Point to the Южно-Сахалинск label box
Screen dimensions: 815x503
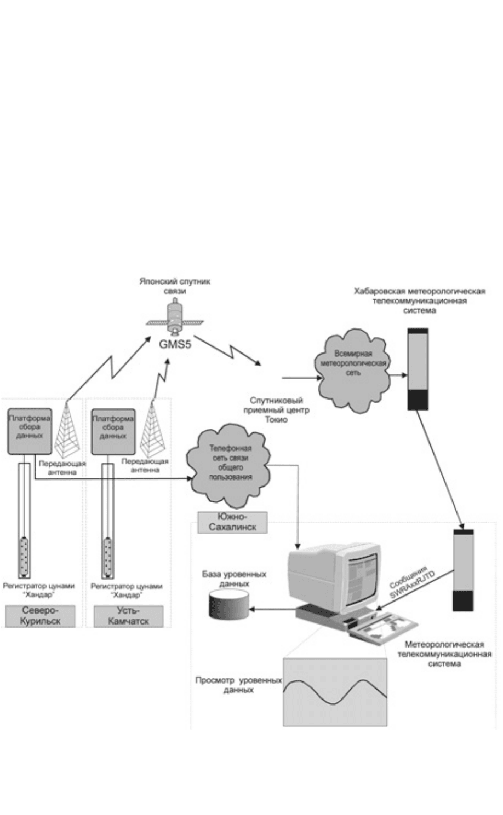tap(233, 522)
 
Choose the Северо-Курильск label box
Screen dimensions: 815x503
tap(40, 616)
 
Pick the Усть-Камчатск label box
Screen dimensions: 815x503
tap(129, 616)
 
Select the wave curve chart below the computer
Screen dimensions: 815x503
tap(335, 692)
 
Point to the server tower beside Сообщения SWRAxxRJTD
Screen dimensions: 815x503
tap(463, 569)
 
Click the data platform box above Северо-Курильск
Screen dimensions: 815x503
tap(30, 431)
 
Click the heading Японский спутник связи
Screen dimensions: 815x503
tap(174, 285)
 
